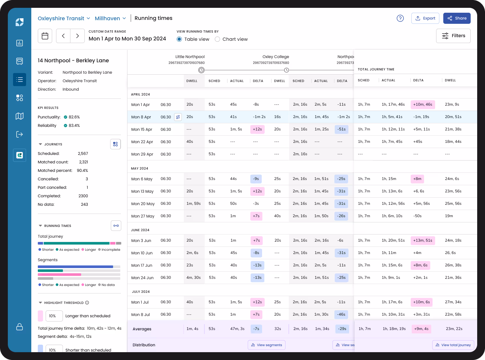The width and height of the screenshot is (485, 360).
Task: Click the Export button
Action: point(425,18)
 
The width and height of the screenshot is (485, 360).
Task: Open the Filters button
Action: point(453,36)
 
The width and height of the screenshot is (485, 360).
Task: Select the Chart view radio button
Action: point(217,39)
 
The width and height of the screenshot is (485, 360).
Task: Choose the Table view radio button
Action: point(179,39)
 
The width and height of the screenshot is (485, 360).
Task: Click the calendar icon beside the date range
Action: point(45,36)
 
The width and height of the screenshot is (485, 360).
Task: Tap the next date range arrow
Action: point(78,36)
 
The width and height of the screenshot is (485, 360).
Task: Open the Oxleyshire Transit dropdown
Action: point(64,18)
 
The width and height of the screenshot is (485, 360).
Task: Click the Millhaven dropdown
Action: point(110,18)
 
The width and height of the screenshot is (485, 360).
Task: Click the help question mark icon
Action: point(400,18)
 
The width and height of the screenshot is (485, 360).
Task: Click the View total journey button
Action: point(453,345)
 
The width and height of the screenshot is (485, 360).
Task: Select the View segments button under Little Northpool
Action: point(266,345)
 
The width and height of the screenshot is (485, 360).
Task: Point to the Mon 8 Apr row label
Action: point(141,117)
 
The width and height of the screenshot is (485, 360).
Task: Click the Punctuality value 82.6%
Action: point(74,117)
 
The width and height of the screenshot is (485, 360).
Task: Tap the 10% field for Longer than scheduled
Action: point(53,316)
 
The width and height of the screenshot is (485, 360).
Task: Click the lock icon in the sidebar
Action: point(20,327)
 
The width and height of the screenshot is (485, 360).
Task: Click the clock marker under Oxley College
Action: point(286,70)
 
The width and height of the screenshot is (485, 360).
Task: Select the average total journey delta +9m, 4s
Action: point(421,329)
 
